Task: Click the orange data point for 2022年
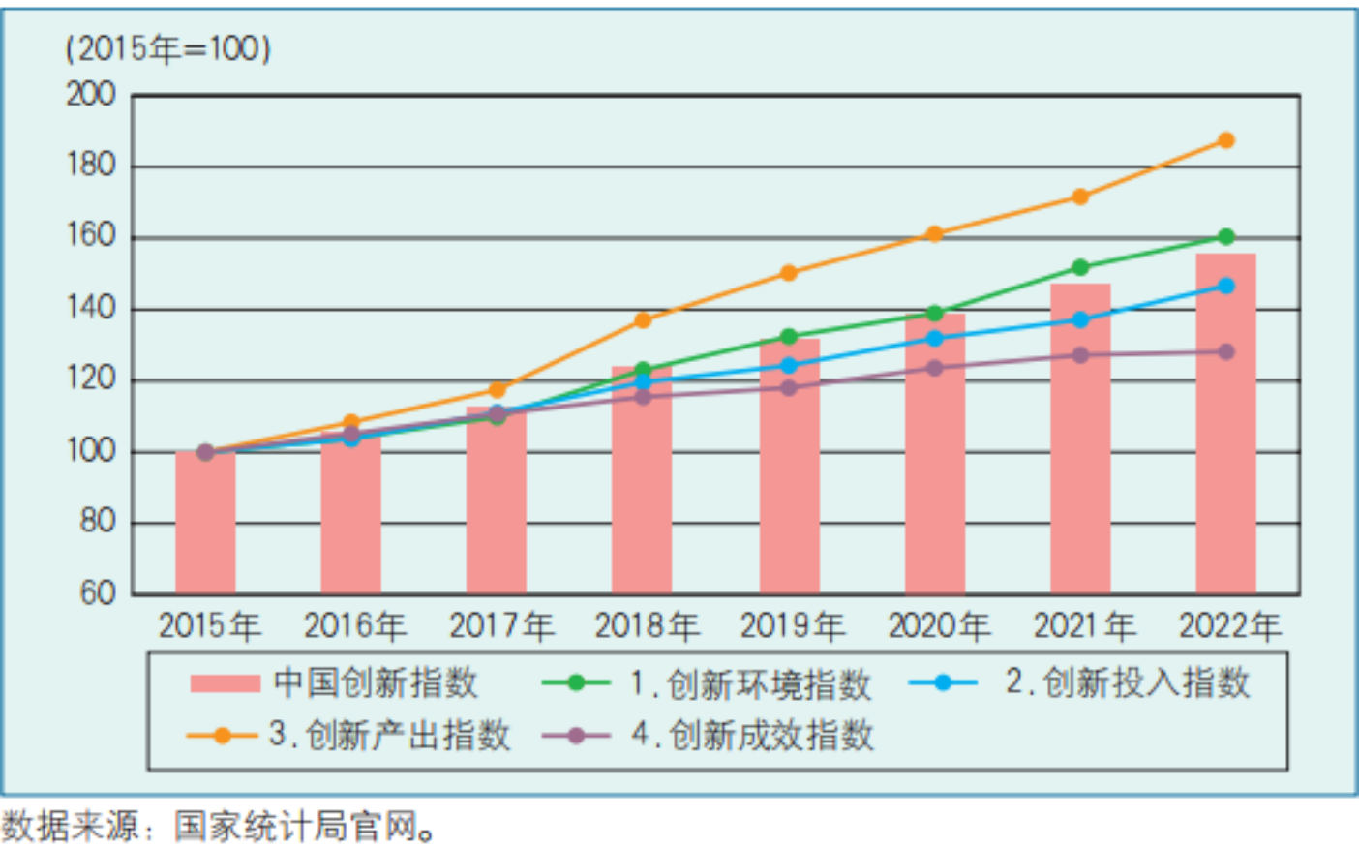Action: (x=1225, y=140)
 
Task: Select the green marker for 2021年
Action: (x=1080, y=267)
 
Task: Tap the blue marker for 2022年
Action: (x=1225, y=286)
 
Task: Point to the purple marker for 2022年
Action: (x=1225, y=351)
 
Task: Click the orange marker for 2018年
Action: (x=643, y=319)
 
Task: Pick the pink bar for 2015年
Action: (x=205, y=523)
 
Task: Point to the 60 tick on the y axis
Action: (x=97, y=592)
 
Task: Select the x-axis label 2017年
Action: (x=500, y=626)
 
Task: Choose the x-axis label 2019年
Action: (x=792, y=626)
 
